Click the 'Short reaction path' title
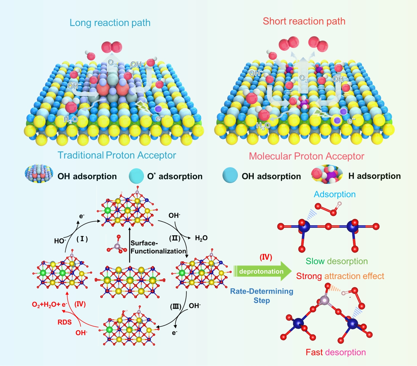[x=304, y=21]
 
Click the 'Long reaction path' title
[x=110, y=23]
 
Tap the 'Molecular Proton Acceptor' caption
[x=307, y=156]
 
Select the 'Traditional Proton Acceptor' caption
[x=117, y=155]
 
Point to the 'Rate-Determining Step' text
[x=262, y=296]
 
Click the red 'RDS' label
[x=65, y=322]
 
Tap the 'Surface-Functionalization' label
[x=158, y=247]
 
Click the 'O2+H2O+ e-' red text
[x=50, y=304]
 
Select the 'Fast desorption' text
[x=336, y=352]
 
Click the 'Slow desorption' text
[x=337, y=261]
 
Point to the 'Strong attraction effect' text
[x=340, y=276]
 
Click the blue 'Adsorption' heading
[x=334, y=194]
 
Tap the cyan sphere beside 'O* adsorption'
[x=136, y=176]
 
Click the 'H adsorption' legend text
[x=374, y=176]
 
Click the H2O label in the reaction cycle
[x=201, y=238]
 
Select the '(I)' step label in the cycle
[x=82, y=239]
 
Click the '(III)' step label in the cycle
[x=176, y=306]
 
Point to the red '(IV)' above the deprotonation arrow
[x=266, y=257]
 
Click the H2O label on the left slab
[x=70, y=119]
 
